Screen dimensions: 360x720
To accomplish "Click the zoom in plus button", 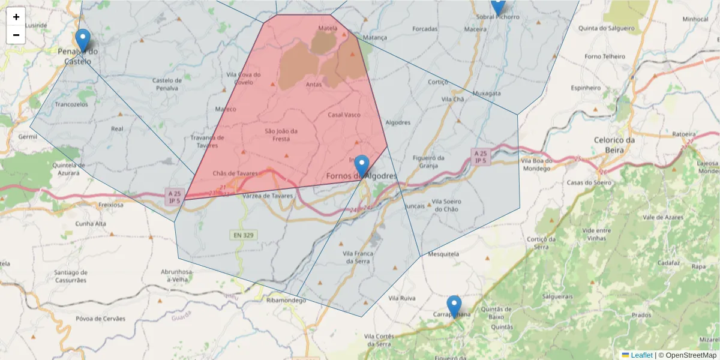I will pyautogui.click(x=16, y=17).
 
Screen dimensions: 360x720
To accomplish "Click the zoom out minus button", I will pyautogui.click(x=16, y=35).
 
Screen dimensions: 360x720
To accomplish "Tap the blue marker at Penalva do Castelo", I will pyautogui.click(x=83, y=41).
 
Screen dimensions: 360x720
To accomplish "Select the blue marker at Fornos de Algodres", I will pyautogui.click(x=362, y=166).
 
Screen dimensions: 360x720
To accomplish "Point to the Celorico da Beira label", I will pyautogui.click(x=614, y=144).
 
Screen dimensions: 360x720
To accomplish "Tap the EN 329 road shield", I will pyautogui.click(x=242, y=235).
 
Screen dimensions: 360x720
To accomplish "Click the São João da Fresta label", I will pyautogui.click(x=281, y=134).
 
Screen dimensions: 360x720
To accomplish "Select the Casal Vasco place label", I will pyautogui.click(x=344, y=114).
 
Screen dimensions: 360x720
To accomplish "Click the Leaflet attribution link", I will pyautogui.click(x=641, y=355).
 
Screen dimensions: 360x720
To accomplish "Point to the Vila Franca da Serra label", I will pyautogui.click(x=358, y=257).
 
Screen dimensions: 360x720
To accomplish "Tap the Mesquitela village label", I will pyautogui.click(x=443, y=254).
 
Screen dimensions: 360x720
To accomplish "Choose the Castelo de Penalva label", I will pyautogui.click(x=167, y=84).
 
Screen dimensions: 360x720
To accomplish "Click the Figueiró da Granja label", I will pyautogui.click(x=428, y=161).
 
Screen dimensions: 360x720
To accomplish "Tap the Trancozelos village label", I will pyautogui.click(x=71, y=104).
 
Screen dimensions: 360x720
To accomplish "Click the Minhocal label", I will pyautogui.click(x=695, y=19).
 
